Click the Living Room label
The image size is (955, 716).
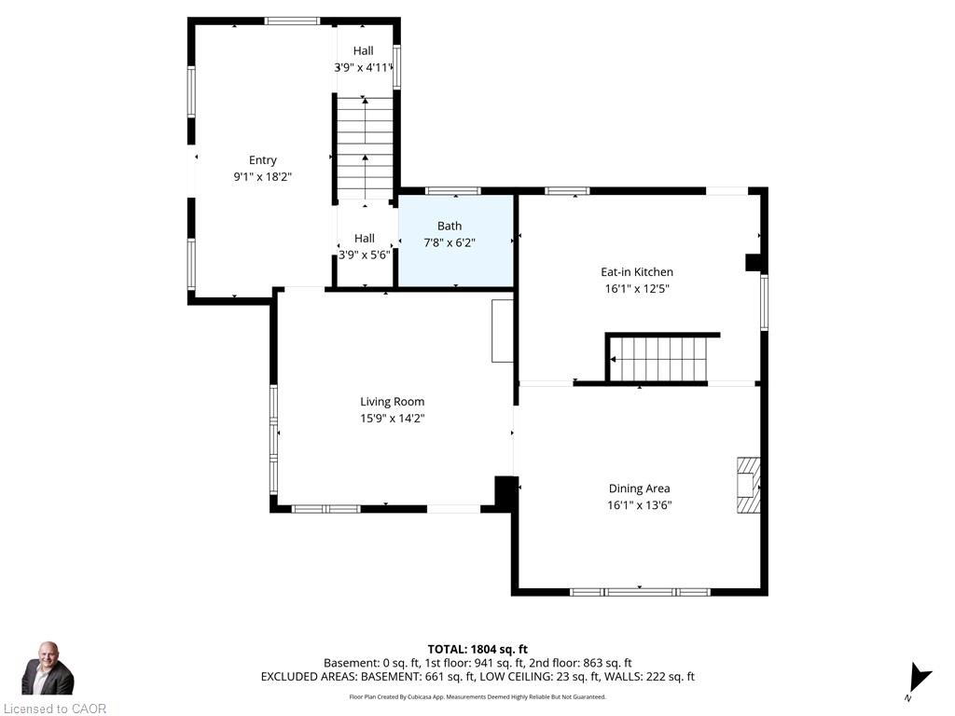[x=393, y=402]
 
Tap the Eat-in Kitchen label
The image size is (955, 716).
[x=637, y=272]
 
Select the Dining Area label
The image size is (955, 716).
[x=640, y=489]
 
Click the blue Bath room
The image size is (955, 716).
[x=456, y=241]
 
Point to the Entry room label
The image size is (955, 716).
[x=262, y=160]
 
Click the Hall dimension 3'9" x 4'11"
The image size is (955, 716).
[x=364, y=67]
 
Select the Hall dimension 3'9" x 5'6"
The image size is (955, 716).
[x=365, y=255]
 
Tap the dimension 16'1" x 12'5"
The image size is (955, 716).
[x=637, y=289]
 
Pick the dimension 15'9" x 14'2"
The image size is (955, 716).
[x=393, y=419]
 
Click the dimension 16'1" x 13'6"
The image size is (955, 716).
[x=640, y=504]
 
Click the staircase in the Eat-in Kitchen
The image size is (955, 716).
[x=659, y=359]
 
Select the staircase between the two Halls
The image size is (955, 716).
[x=366, y=148]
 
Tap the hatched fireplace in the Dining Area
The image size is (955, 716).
[x=749, y=486]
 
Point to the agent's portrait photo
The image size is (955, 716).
[x=48, y=668]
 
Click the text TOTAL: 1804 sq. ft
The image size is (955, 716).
[x=477, y=650]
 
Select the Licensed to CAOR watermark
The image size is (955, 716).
[x=55, y=709]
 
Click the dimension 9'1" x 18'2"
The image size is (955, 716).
[x=262, y=176]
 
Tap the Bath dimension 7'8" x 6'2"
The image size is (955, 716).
[x=450, y=243]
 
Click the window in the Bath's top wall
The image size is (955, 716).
[x=453, y=191]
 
